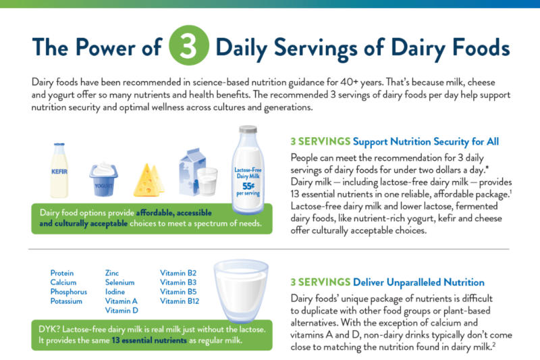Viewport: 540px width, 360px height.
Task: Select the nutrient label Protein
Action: click(62, 273)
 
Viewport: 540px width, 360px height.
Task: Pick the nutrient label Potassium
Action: click(66, 301)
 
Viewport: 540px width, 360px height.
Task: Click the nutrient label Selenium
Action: click(119, 282)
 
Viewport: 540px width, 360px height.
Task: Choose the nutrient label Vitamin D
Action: click(122, 311)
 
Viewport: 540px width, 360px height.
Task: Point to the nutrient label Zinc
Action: click(112, 273)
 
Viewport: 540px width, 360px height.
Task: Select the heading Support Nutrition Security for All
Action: click(426, 142)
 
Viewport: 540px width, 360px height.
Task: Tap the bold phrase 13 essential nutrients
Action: click(149, 341)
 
